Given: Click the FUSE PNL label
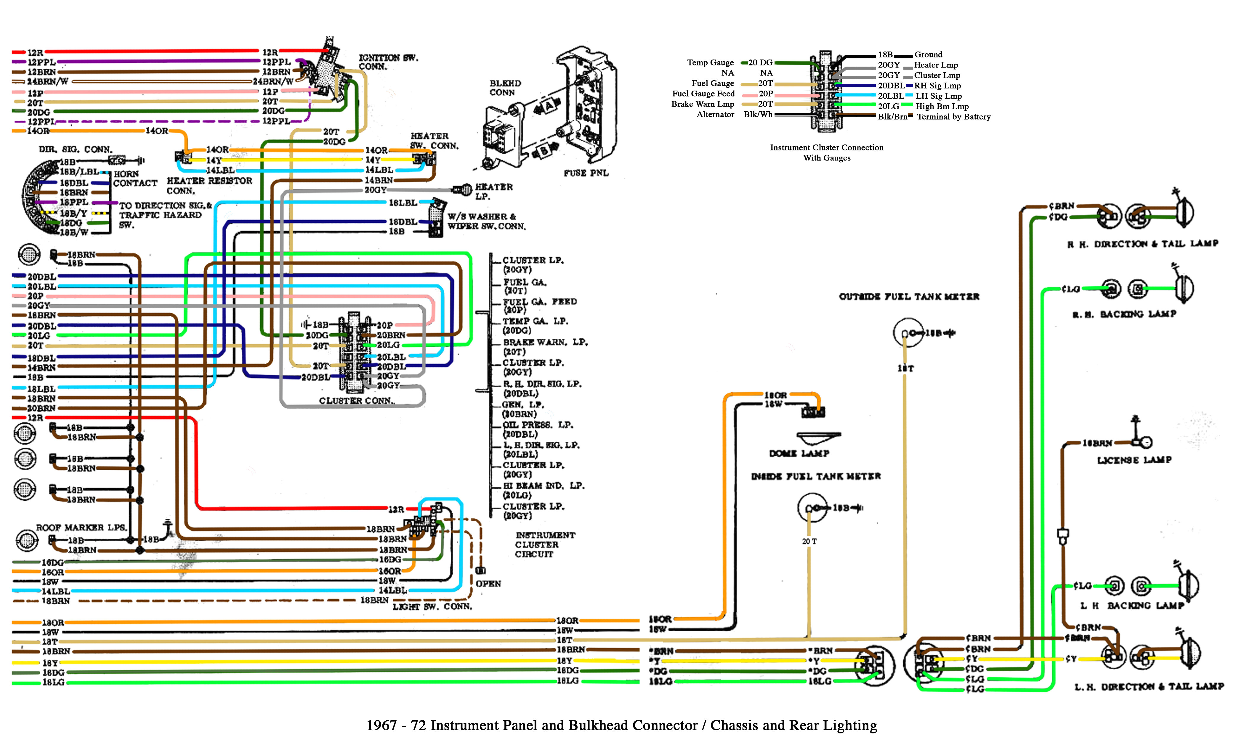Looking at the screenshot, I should pyautogui.click(x=586, y=173).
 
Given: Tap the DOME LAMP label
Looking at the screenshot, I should pyautogui.click(x=799, y=453).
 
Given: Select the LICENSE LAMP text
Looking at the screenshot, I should pyautogui.click(x=1134, y=460).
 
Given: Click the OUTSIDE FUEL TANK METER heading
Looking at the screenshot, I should pyautogui.click(x=909, y=297).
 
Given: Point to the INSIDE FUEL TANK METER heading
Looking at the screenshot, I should pyautogui.click(x=816, y=476).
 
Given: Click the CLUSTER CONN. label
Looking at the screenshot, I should pyautogui.click(x=356, y=401).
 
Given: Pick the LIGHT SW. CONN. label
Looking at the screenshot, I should pyautogui.click(x=432, y=606).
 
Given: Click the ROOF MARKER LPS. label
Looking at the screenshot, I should pyautogui.click(x=81, y=527).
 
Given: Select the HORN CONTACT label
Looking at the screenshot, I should pyautogui.click(x=135, y=179).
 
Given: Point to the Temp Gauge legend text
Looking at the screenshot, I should pyautogui.click(x=710, y=62).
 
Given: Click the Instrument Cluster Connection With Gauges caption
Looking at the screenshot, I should pyautogui.click(x=826, y=152).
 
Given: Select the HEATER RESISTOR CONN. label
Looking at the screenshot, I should pyautogui.click(x=209, y=185).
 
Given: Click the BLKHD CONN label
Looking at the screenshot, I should pyautogui.click(x=505, y=88).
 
